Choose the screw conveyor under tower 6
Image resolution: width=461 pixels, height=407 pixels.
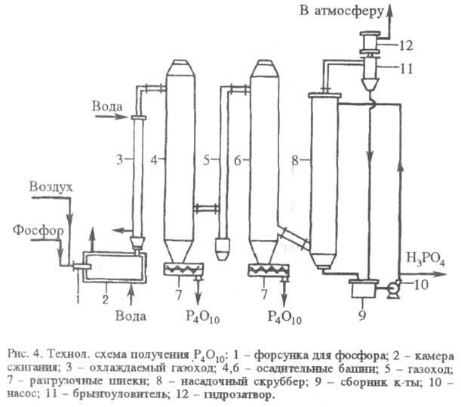[269, 268]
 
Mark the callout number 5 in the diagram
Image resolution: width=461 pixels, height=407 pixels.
[207, 160]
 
